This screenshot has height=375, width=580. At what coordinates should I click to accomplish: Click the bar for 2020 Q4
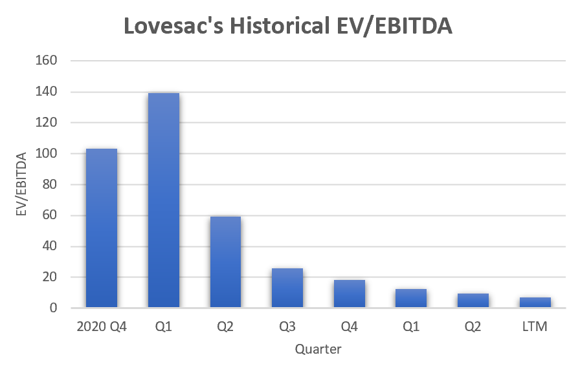tap(102, 228)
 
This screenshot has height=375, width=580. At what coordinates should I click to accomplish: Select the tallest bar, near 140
tap(164, 200)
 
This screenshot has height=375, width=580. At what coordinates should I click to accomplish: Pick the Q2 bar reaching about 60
tap(225, 262)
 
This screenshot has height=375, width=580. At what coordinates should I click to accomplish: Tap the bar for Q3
tap(287, 288)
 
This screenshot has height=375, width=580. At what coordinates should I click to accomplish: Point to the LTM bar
tap(535, 303)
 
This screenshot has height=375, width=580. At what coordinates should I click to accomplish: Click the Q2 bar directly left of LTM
tap(473, 301)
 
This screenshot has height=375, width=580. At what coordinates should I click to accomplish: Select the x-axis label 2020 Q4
tap(102, 327)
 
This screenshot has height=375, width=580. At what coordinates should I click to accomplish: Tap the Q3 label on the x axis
tap(287, 327)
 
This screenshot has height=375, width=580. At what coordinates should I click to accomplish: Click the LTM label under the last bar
tap(535, 327)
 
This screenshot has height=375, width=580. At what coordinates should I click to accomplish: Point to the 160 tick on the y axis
tap(49, 61)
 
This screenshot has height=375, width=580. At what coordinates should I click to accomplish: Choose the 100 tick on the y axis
tap(49, 153)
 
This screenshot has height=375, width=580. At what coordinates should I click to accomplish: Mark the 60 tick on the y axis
tap(52, 215)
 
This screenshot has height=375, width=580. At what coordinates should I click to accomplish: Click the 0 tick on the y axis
tap(55, 308)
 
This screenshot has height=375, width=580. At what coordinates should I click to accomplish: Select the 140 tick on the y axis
tap(49, 92)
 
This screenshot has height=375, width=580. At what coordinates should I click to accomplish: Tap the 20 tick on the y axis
tap(52, 277)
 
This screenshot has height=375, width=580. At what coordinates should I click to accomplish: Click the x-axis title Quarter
tap(318, 350)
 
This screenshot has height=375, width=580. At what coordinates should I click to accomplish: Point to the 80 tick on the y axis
tap(52, 184)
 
